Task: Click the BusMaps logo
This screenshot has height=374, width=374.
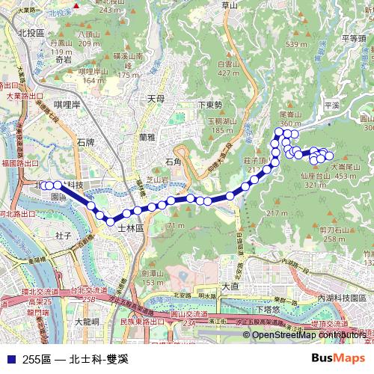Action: (340, 358)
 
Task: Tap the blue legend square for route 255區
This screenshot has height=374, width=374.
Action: (10, 358)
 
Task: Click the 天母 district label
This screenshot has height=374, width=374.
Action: (155, 98)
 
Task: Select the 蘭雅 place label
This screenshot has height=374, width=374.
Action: (147, 138)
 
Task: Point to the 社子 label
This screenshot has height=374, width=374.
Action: (63, 235)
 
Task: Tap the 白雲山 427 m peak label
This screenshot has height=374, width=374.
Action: (228, 69)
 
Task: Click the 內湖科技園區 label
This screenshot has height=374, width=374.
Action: (345, 298)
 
